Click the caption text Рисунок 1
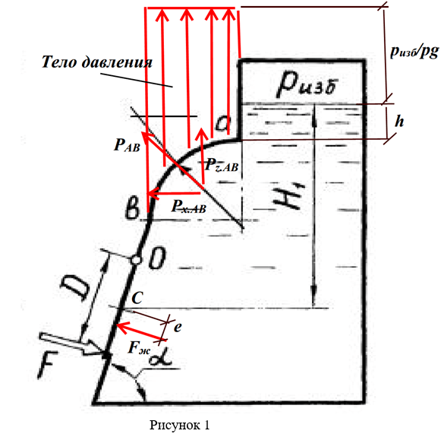tap(179, 425)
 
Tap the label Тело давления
tap(97, 62)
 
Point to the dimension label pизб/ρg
tap(414, 52)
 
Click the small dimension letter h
tap(399, 122)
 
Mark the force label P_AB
tap(127, 145)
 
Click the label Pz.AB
tap(222, 165)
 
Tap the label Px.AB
tap(189, 207)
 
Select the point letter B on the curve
tap(132, 209)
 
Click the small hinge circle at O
tap(136, 260)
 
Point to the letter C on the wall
tap(137, 298)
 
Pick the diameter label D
tap(75, 288)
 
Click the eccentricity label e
tap(178, 327)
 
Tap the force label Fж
tap(139, 348)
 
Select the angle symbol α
tap(161, 359)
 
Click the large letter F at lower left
tap(48, 365)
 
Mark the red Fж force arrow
tap(140, 332)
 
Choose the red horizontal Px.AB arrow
tap(174, 194)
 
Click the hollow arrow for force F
tap(71, 344)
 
